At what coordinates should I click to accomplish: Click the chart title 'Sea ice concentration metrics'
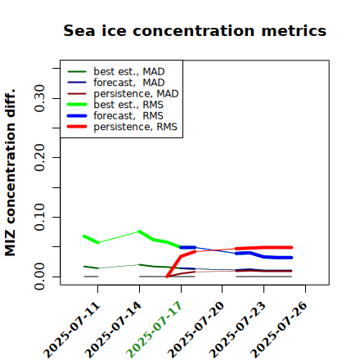pos(195,30)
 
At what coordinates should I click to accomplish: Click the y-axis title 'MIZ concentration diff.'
pos(10,173)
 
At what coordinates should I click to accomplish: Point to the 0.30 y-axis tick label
pos(40,98)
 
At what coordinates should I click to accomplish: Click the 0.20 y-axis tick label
pos(40,158)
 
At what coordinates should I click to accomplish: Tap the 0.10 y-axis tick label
pos(40,217)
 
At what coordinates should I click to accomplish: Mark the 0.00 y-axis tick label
pos(40,277)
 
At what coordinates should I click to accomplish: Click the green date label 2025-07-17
pos(154,330)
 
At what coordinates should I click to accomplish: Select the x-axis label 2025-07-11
pos(71,330)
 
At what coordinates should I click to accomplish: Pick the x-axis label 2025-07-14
pos(113,330)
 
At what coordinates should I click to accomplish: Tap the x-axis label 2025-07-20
pos(196,330)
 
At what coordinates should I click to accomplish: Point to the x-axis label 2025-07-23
pos(237,330)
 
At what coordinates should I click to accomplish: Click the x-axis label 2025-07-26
pos(279,330)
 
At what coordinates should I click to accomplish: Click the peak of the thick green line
pos(139,232)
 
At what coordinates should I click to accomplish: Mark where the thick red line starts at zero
pos(167,277)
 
